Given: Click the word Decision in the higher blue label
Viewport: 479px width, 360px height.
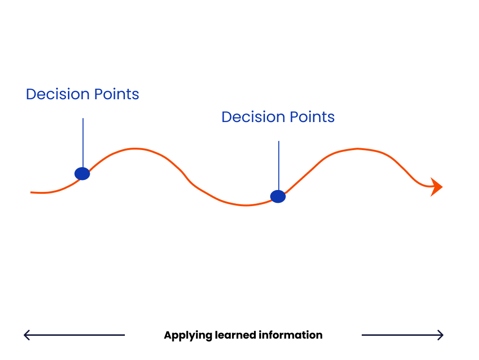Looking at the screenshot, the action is (x=58, y=94).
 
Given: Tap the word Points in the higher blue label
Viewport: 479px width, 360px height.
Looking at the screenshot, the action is (x=117, y=94).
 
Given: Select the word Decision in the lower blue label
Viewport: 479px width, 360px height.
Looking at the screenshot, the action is (x=254, y=117).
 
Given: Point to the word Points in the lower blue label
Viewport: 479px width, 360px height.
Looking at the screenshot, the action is (x=312, y=117).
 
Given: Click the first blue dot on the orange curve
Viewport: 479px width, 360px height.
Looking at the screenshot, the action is (x=82, y=173).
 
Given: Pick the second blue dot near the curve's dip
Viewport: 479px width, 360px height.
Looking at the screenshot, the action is (x=278, y=197).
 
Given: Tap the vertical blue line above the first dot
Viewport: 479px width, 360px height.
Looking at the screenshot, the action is (x=83, y=142).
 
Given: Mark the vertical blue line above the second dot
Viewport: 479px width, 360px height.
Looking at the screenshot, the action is (x=279, y=166).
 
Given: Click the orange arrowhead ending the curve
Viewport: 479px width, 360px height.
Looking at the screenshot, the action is (x=436, y=187).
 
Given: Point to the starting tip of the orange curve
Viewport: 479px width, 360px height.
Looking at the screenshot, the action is (x=31, y=192).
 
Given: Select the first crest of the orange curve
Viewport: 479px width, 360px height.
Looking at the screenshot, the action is (x=135, y=149).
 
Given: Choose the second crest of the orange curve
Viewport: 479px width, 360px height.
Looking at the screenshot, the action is (x=357, y=149).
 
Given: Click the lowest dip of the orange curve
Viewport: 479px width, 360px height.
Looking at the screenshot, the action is (x=246, y=205).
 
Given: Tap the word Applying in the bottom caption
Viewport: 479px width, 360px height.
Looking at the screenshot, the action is (x=188, y=335).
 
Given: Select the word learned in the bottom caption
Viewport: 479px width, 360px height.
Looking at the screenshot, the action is (x=235, y=335).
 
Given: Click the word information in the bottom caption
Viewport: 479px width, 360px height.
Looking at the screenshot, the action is (x=291, y=335).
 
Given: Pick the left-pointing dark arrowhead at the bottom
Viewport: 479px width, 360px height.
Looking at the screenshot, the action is (x=27, y=335).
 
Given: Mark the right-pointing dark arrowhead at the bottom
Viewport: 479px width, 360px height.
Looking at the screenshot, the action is (x=440, y=335).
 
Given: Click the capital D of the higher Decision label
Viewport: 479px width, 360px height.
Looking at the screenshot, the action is (x=31, y=94).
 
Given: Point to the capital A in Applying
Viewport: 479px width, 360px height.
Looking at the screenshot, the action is (x=168, y=335).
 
